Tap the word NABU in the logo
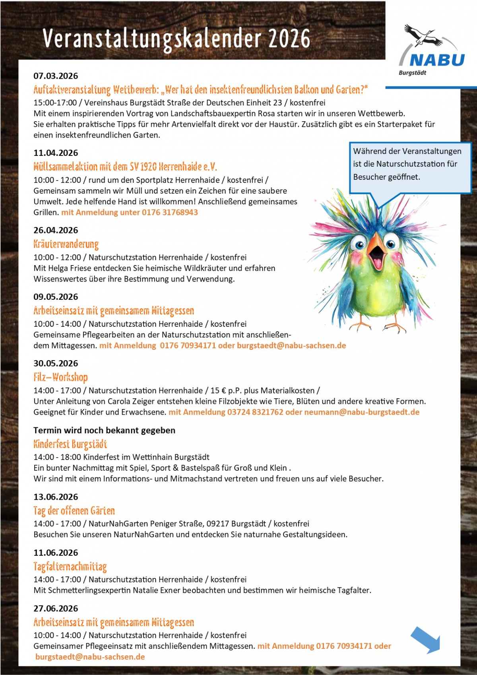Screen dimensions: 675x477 tap(437, 60)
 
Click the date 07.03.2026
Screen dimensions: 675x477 tap(56, 76)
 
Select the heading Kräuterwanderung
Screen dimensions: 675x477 tap(66, 244)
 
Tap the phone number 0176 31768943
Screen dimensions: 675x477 tap(170, 212)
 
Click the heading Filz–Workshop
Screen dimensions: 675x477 tap(60, 377)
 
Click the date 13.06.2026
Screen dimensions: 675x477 tap(56, 497)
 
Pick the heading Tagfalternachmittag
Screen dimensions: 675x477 tap(70, 566)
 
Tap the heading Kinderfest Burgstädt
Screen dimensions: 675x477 tap(70, 444)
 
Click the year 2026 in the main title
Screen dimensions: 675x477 tap(289, 39)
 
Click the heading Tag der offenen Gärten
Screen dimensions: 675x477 tap(74, 510)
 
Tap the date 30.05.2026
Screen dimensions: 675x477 tap(56, 363)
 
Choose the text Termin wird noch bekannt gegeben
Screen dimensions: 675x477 tap(104, 430)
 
